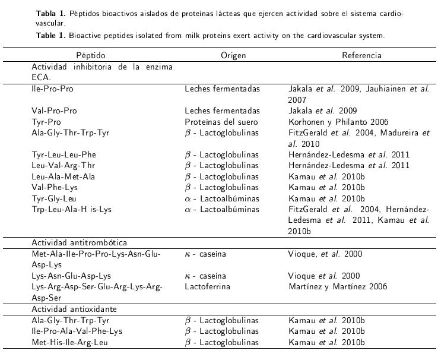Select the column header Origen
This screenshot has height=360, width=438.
point(233,55)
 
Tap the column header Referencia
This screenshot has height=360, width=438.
point(361,55)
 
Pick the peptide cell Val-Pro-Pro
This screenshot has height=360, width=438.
point(54,111)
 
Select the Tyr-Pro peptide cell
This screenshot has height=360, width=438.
point(46,122)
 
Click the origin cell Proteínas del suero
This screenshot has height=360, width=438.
point(222,122)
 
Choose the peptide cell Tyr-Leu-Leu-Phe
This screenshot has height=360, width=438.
point(64,155)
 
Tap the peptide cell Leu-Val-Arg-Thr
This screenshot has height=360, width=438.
point(64,166)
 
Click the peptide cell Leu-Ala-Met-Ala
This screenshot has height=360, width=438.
point(64,176)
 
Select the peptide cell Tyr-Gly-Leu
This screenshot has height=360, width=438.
point(54,198)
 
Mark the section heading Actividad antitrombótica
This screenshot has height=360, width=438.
point(79,243)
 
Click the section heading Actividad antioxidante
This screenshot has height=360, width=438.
point(74,310)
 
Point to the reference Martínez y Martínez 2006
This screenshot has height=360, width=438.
point(337,287)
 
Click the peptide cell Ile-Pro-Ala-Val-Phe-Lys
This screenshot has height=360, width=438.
point(77,331)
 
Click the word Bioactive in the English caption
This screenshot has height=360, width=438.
point(88,36)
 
